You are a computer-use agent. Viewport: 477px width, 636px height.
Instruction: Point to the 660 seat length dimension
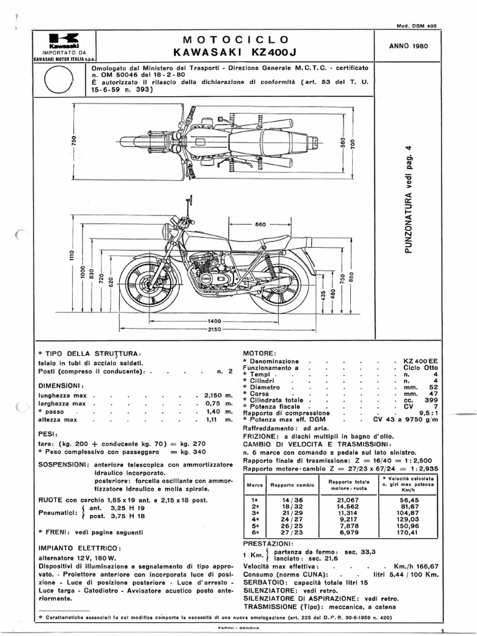click(260, 225)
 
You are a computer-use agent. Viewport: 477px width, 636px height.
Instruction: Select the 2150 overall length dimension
click(216, 329)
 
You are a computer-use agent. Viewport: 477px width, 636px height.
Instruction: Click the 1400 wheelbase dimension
click(216, 320)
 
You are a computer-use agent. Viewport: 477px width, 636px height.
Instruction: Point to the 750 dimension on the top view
click(73, 141)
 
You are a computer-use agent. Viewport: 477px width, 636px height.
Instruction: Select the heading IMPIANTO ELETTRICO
click(79, 548)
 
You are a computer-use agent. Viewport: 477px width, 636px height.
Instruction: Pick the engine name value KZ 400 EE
click(416, 361)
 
